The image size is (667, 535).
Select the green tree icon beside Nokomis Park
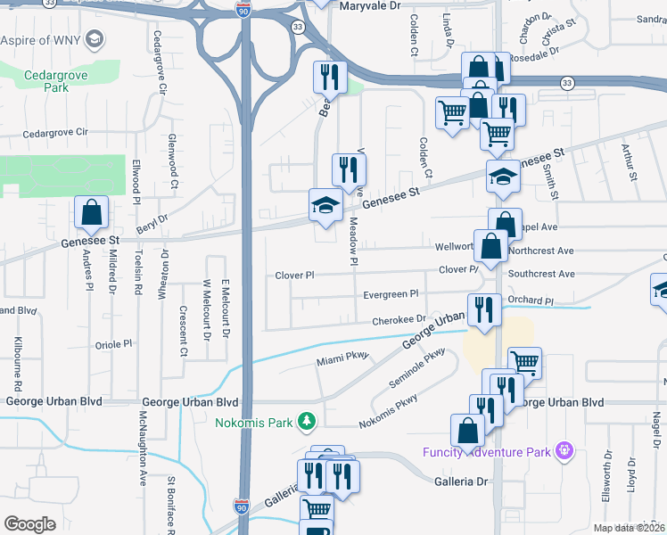307,419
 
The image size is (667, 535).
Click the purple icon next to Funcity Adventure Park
563,451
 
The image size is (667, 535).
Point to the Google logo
29,523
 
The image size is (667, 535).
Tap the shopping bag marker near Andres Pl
91,214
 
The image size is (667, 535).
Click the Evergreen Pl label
390,293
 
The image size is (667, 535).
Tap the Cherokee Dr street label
399,318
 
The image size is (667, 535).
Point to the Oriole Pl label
114,343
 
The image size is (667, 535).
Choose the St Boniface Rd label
169,505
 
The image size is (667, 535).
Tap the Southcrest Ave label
542,275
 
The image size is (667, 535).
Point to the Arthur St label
629,162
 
